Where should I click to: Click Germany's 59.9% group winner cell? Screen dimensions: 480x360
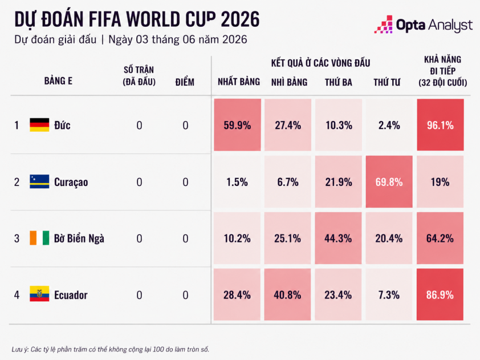(x=237, y=125)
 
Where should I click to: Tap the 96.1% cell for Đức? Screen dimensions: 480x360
(x=440, y=125)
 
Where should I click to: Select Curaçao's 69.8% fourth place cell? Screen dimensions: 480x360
(x=389, y=181)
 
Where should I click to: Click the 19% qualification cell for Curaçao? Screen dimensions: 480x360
(x=440, y=181)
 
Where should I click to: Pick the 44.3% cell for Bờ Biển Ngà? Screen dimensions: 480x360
(x=338, y=238)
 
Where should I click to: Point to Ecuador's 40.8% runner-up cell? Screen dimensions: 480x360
(x=287, y=295)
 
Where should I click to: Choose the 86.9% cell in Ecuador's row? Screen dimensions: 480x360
(x=440, y=295)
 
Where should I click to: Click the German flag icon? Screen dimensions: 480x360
(x=39, y=125)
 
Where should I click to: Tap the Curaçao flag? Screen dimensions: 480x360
(x=39, y=181)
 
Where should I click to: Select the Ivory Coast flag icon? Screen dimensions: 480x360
(x=39, y=238)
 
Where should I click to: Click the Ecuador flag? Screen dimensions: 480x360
(x=39, y=294)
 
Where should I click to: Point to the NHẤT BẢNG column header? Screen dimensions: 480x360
(x=239, y=82)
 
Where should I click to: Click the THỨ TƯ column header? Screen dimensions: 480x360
(x=387, y=82)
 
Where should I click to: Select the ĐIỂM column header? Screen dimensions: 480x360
(x=185, y=82)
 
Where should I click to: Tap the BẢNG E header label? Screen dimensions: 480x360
(x=58, y=81)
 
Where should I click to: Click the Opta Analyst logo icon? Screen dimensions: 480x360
(x=384, y=24)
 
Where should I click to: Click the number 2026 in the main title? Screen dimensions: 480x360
(x=240, y=19)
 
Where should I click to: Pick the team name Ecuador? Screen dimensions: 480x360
(x=71, y=295)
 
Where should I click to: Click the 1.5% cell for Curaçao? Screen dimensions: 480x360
(x=237, y=181)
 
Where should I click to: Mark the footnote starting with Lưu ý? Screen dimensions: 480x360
(x=111, y=349)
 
